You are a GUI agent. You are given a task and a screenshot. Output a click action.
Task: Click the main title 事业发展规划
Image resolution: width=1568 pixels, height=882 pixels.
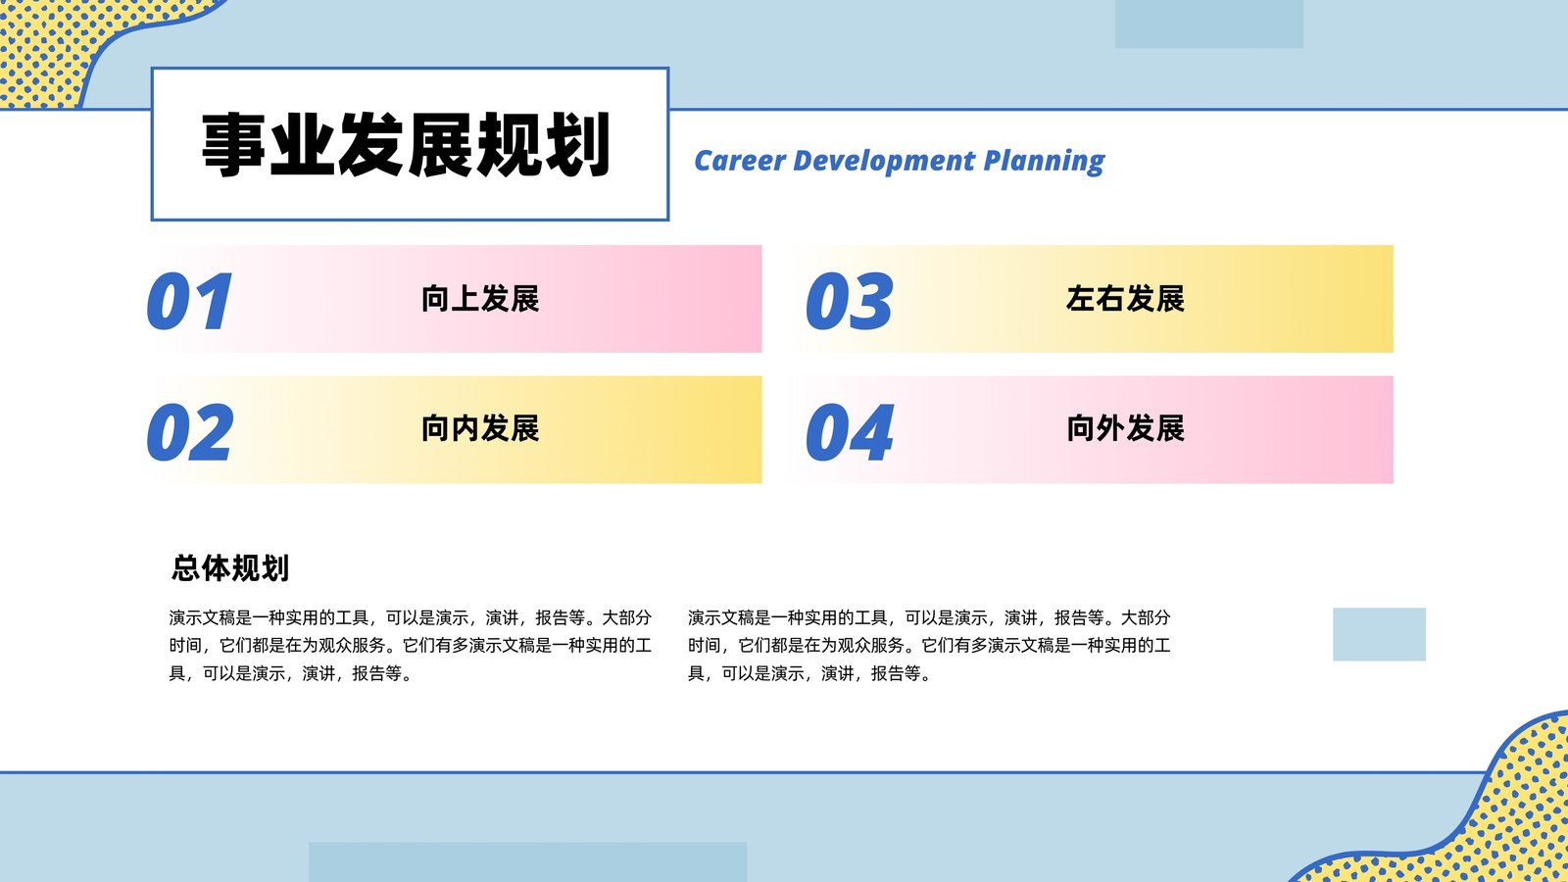406,144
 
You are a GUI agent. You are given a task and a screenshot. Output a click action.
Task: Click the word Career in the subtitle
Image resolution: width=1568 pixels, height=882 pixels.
740,161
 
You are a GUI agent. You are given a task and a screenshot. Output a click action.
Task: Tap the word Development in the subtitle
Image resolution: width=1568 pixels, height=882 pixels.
884,161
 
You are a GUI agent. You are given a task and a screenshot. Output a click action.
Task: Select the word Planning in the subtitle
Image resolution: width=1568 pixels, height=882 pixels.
1044,162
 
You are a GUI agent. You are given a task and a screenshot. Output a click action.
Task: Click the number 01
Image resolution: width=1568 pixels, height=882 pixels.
190,301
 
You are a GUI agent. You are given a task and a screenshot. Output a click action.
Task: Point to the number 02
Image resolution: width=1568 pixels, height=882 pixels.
190,432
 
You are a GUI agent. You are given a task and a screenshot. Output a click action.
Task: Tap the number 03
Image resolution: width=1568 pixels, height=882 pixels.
849,301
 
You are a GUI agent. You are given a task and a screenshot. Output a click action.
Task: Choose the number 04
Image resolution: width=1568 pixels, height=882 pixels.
849,432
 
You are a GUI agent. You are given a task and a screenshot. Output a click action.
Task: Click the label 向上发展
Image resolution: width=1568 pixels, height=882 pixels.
480,299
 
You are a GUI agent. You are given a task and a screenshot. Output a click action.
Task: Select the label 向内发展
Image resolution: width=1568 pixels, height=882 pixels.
480,428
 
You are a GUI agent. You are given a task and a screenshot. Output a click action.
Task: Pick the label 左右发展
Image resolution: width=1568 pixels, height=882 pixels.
1125,299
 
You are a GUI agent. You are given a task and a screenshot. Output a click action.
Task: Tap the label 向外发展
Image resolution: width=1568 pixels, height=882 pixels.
1125,428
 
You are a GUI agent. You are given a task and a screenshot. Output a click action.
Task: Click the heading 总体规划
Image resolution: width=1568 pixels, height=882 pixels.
230,567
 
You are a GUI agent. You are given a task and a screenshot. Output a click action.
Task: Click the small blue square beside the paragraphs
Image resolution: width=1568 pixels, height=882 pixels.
1379,634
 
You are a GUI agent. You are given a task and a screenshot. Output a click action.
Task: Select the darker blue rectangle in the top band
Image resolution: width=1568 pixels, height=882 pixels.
1209,24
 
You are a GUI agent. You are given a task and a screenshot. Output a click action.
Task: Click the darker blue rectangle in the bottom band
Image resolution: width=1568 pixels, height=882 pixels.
528,861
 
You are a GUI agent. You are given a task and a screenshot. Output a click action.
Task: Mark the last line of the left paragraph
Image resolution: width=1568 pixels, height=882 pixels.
291,673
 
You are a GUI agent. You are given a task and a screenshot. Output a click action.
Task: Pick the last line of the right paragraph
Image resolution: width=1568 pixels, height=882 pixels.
809,673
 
